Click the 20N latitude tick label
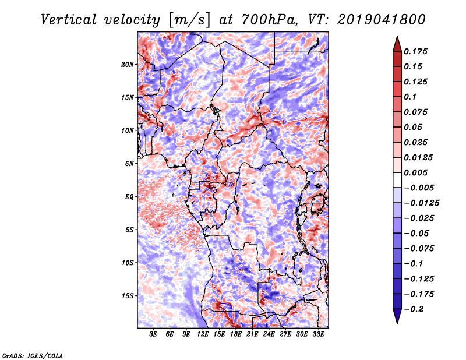click(x=128, y=64)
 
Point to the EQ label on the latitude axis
click(x=130, y=197)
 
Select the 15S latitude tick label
click(x=128, y=296)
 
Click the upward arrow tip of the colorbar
click(x=397, y=38)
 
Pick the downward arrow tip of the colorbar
click(x=397, y=322)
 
